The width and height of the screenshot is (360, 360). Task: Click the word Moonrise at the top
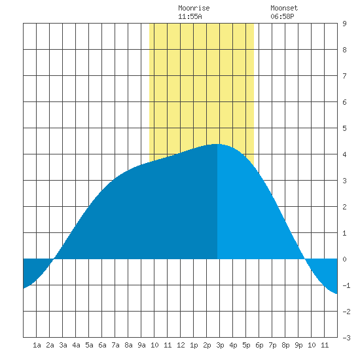tap(194, 8)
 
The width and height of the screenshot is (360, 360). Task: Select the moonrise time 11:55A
tap(190, 16)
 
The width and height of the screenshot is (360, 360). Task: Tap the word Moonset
tap(284, 8)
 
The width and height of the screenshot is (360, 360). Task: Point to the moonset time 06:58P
tap(282, 16)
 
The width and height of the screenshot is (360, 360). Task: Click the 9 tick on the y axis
tap(344, 24)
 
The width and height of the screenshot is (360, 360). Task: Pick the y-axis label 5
tap(344, 128)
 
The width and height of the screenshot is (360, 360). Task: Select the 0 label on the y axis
tap(344, 259)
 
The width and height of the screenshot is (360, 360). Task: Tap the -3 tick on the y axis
tap(346, 338)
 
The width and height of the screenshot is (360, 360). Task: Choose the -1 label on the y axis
tap(346, 285)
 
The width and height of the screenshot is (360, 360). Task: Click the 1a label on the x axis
tap(37, 345)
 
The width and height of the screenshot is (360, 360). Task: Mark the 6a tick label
tap(102, 345)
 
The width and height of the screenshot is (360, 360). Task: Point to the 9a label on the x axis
tap(141, 345)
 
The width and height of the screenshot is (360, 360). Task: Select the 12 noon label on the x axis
tap(181, 345)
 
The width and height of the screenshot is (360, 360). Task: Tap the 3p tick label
tap(220, 345)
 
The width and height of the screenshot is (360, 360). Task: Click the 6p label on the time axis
tap(259, 345)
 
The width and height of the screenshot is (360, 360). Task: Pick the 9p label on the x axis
tap(298, 345)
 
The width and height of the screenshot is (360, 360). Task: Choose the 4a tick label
tap(76, 345)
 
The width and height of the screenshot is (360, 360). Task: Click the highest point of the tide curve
tap(217, 144)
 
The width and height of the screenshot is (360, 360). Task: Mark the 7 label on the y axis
tap(344, 76)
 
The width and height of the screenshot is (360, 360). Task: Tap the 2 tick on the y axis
tap(344, 207)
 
